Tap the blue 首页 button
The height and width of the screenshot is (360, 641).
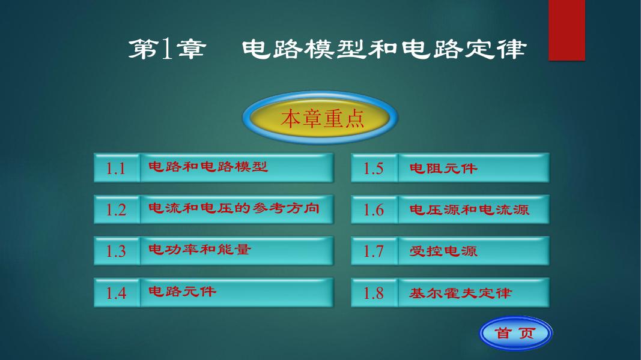(x=515, y=334)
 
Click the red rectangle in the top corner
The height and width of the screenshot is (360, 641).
(x=567, y=29)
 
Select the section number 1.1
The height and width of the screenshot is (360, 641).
(x=116, y=168)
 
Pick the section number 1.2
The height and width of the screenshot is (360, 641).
(x=116, y=209)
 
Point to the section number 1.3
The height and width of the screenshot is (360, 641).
(x=116, y=251)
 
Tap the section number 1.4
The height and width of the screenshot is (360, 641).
(x=116, y=293)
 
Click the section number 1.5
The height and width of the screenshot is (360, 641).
(x=374, y=168)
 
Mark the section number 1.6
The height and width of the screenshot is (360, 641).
(x=374, y=209)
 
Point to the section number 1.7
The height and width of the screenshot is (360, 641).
(x=374, y=251)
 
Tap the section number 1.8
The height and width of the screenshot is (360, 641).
(x=374, y=293)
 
